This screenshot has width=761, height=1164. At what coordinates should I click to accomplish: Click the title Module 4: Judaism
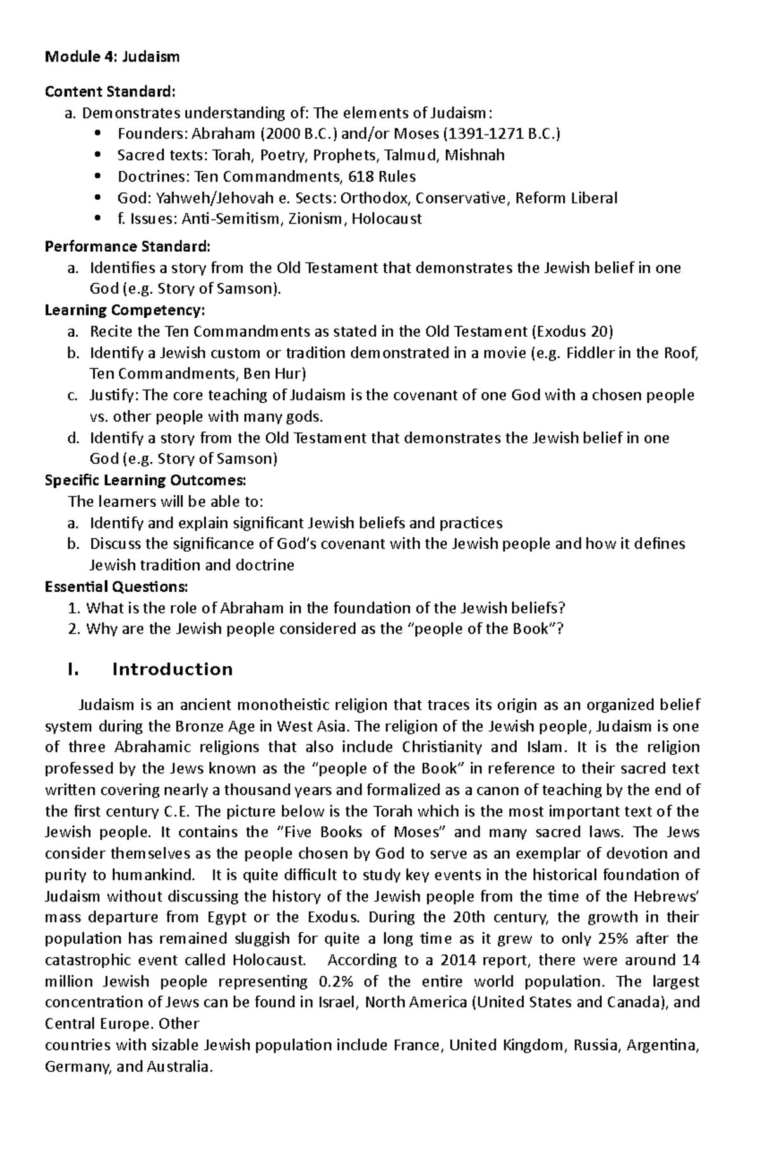tap(112, 57)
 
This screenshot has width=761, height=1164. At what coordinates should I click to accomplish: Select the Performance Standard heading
tap(127, 246)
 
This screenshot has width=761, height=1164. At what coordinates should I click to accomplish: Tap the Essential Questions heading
tap(117, 586)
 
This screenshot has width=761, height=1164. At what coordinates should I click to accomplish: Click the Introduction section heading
tap(172, 670)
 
